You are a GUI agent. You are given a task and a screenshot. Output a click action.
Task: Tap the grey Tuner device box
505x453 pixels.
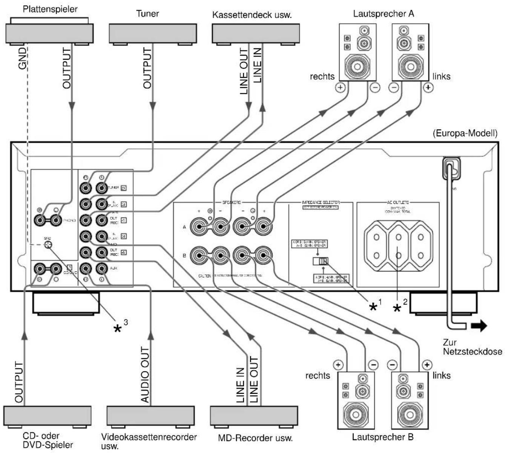[152, 33]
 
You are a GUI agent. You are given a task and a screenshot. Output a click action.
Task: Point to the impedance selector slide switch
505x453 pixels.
[321, 261]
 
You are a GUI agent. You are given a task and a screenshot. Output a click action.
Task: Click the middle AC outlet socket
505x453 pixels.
[398, 246]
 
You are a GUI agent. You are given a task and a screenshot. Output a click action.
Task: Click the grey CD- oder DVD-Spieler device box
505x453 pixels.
[47, 416]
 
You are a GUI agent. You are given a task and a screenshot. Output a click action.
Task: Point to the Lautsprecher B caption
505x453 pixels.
[382, 437]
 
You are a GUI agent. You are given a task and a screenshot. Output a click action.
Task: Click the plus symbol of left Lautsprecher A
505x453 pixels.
[428, 87]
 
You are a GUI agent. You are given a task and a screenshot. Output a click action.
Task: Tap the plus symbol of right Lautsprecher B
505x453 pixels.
[338, 365]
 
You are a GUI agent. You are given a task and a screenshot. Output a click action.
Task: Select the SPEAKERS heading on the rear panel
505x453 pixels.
[230, 203]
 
